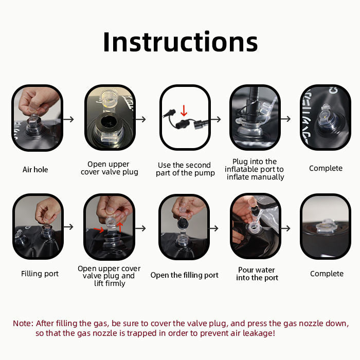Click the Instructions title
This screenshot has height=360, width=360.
(x=181, y=42)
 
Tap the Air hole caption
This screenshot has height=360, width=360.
(x=35, y=170)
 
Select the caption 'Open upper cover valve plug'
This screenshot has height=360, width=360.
(x=110, y=168)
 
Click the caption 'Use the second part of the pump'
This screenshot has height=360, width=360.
(x=185, y=169)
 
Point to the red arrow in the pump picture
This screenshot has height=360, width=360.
(x=184, y=111)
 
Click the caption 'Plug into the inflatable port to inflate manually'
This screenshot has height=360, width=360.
(x=255, y=169)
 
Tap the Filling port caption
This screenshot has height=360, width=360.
(x=40, y=274)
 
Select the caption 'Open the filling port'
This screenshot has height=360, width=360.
(x=184, y=275)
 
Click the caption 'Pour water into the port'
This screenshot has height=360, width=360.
(x=257, y=274)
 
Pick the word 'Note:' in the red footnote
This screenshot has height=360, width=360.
(x=23, y=323)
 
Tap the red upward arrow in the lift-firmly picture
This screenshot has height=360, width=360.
(x=120, y=227)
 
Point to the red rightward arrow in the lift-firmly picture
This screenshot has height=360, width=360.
(x=99, y=229)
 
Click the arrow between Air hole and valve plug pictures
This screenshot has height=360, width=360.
(x=68, y=119)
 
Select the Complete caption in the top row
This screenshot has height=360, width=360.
(x=326, y=168)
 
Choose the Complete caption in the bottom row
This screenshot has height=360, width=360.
(x=327, y=274)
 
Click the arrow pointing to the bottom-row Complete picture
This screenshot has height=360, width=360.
(x=286, y=228)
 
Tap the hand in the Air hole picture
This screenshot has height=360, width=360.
(x=38, y=100)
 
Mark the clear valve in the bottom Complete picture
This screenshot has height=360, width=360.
(x=326, y=227)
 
